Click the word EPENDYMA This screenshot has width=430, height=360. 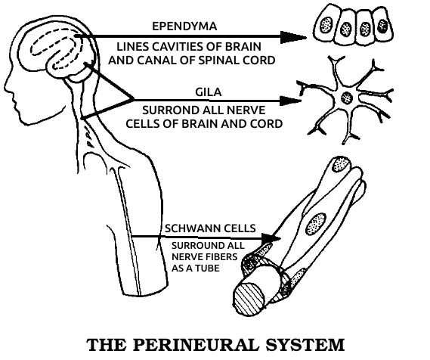(x=184, y=26)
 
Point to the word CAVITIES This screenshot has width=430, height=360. (x=177, y=47)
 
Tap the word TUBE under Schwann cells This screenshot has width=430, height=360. (x=208, y=268)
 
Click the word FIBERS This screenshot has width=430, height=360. (x=220, y=257)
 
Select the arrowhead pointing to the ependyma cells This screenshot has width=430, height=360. (x=293, y=37)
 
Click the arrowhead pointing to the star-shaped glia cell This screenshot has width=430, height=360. (x=290, y=101)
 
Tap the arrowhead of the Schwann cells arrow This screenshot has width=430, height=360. (x=271, y=238)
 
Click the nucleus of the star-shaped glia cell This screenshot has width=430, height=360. (x=347, y=98)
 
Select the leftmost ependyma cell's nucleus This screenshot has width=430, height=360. (x=326, y=25)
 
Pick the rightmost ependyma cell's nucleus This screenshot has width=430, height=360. (x=382, y=26)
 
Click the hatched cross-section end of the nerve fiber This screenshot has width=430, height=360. (x=249, y=299)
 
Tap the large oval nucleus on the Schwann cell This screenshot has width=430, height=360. (x=316, y=224)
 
